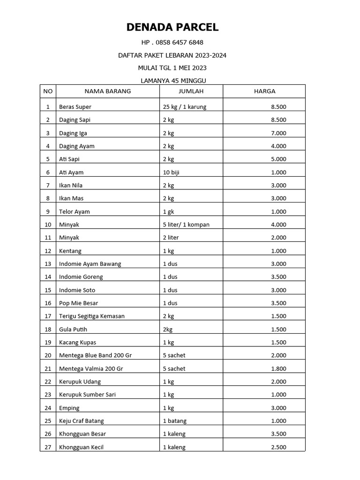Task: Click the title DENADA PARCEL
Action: (x=172, y=27)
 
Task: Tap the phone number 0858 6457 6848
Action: (x=172, y=42)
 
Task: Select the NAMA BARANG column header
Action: (x=107, y=91)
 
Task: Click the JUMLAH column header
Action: (x=191, y=91)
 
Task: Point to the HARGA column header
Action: (x=264, y=91)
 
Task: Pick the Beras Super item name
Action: (x=75, y=107)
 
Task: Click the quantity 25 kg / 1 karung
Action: (x=185, y=107)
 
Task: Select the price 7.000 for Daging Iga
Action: (x=278, y=133)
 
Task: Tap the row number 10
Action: (x=48, y=225)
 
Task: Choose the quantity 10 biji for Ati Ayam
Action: (x=173, y=172)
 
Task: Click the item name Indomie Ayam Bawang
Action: (x=90, y=264)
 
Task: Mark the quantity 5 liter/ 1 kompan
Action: (x=186, y=225)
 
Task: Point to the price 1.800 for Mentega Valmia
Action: (x=278, y=368)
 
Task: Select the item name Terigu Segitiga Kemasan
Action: (x=92, y=316)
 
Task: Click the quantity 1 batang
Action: (x=175, y=421)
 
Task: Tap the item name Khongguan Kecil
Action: (x=81, y=447)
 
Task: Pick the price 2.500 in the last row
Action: (x=278, y=447)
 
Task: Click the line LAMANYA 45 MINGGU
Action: (x=173, y=81)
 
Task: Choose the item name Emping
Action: (x=69, y=408)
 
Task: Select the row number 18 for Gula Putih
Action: (x=48, y=329)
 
